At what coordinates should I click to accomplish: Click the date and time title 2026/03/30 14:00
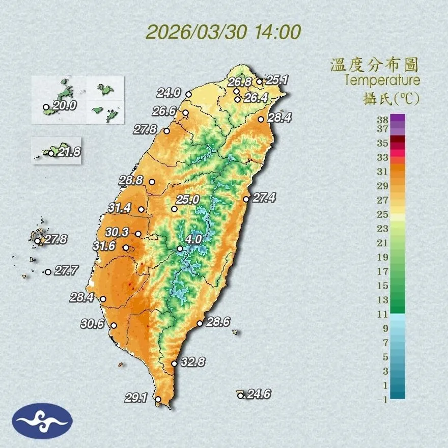223,32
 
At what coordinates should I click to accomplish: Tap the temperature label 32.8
193,362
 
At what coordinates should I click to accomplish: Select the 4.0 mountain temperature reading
193,239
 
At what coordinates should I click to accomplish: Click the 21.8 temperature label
69,152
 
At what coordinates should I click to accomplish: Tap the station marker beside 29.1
158,399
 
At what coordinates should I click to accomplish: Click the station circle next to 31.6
126,247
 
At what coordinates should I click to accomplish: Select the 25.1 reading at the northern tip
277,79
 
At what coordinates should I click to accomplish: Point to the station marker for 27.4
246,199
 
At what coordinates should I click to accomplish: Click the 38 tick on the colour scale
383,120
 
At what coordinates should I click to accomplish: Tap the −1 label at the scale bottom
382,400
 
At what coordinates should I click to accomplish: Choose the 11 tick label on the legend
383,314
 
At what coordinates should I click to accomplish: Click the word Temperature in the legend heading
382,80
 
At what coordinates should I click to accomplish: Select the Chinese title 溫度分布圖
374,65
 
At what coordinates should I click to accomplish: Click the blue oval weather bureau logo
43,421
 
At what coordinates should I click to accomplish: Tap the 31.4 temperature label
120,208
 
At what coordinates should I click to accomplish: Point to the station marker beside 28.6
200,323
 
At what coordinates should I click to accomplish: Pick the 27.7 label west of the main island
66,271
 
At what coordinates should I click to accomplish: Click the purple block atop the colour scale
398,118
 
